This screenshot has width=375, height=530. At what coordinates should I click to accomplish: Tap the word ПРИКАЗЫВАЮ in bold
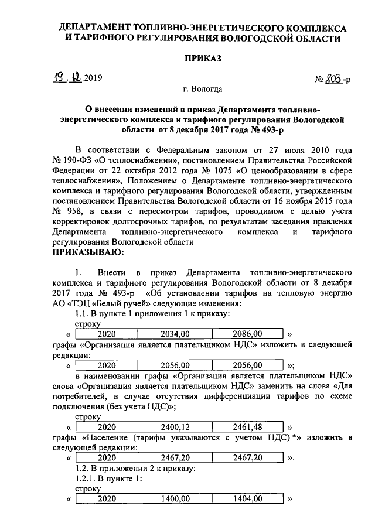(87, 252)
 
